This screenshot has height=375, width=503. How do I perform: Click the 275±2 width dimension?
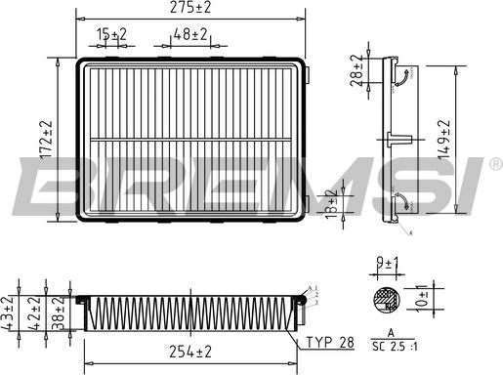pos(191,9)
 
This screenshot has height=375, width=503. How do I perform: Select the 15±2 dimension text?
pos(112,35)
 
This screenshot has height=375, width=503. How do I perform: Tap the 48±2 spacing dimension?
pos(190,35)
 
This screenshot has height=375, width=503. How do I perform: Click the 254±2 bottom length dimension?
pos(191,351)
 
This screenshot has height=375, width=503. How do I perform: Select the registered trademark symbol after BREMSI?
pos(494,163)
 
